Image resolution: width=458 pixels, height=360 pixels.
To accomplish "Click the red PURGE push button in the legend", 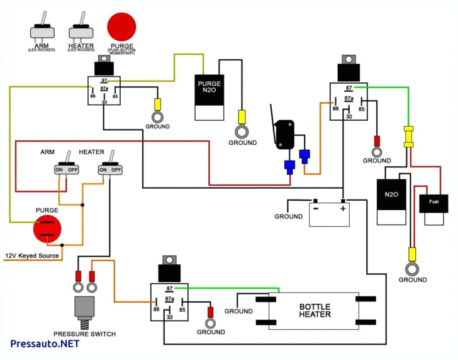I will (x=121, y=26).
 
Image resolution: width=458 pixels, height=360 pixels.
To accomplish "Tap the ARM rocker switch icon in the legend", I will (x=43, y=31).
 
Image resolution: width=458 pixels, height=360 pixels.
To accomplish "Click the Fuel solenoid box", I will (x=434, y=204).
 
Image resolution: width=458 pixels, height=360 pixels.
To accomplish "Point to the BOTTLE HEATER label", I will (x=314, y=311).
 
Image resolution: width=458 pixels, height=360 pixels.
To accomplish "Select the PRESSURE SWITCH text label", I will (x=84, y=334).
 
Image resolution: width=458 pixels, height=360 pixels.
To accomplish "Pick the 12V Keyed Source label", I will (x=32, y=256).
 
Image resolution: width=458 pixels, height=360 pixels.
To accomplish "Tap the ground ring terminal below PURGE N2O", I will (x=241, y=131).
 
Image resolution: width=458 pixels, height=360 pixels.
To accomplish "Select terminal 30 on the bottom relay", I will (x=169, y=317).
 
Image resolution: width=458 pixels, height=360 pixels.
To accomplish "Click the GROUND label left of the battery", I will (x=288, y=217).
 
